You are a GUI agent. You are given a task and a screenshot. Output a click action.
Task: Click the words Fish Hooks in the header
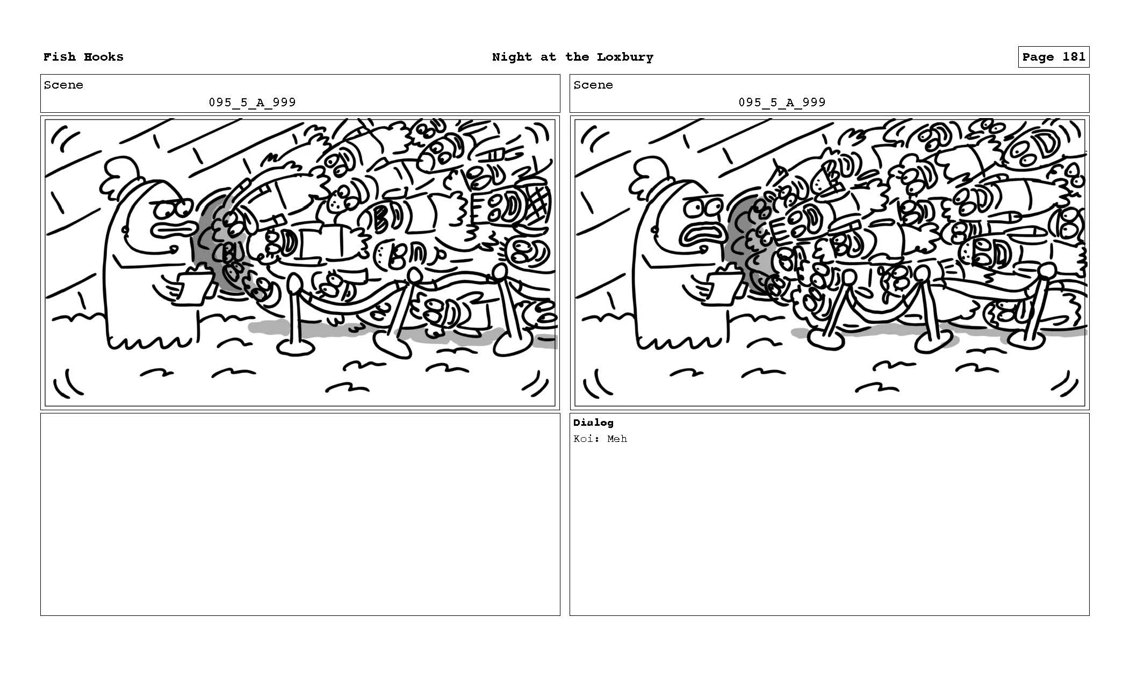(83, 57)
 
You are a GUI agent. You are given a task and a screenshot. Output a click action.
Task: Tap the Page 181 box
(1053, 57)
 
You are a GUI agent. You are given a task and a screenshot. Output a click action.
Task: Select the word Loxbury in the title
(625, 57)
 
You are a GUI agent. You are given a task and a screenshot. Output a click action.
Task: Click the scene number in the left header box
(252, 102)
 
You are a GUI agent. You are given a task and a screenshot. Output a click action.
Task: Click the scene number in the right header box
(782, 102)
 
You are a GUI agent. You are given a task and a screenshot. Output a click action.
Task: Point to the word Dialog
(593, 423)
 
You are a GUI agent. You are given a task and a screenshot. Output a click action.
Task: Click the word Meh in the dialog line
(617, 439)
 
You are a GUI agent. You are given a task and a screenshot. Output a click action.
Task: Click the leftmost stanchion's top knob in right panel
(849, 278)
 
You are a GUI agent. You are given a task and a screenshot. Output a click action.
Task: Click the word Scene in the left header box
(63, 85)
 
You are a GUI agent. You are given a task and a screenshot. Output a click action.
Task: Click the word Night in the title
(512, 57)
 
